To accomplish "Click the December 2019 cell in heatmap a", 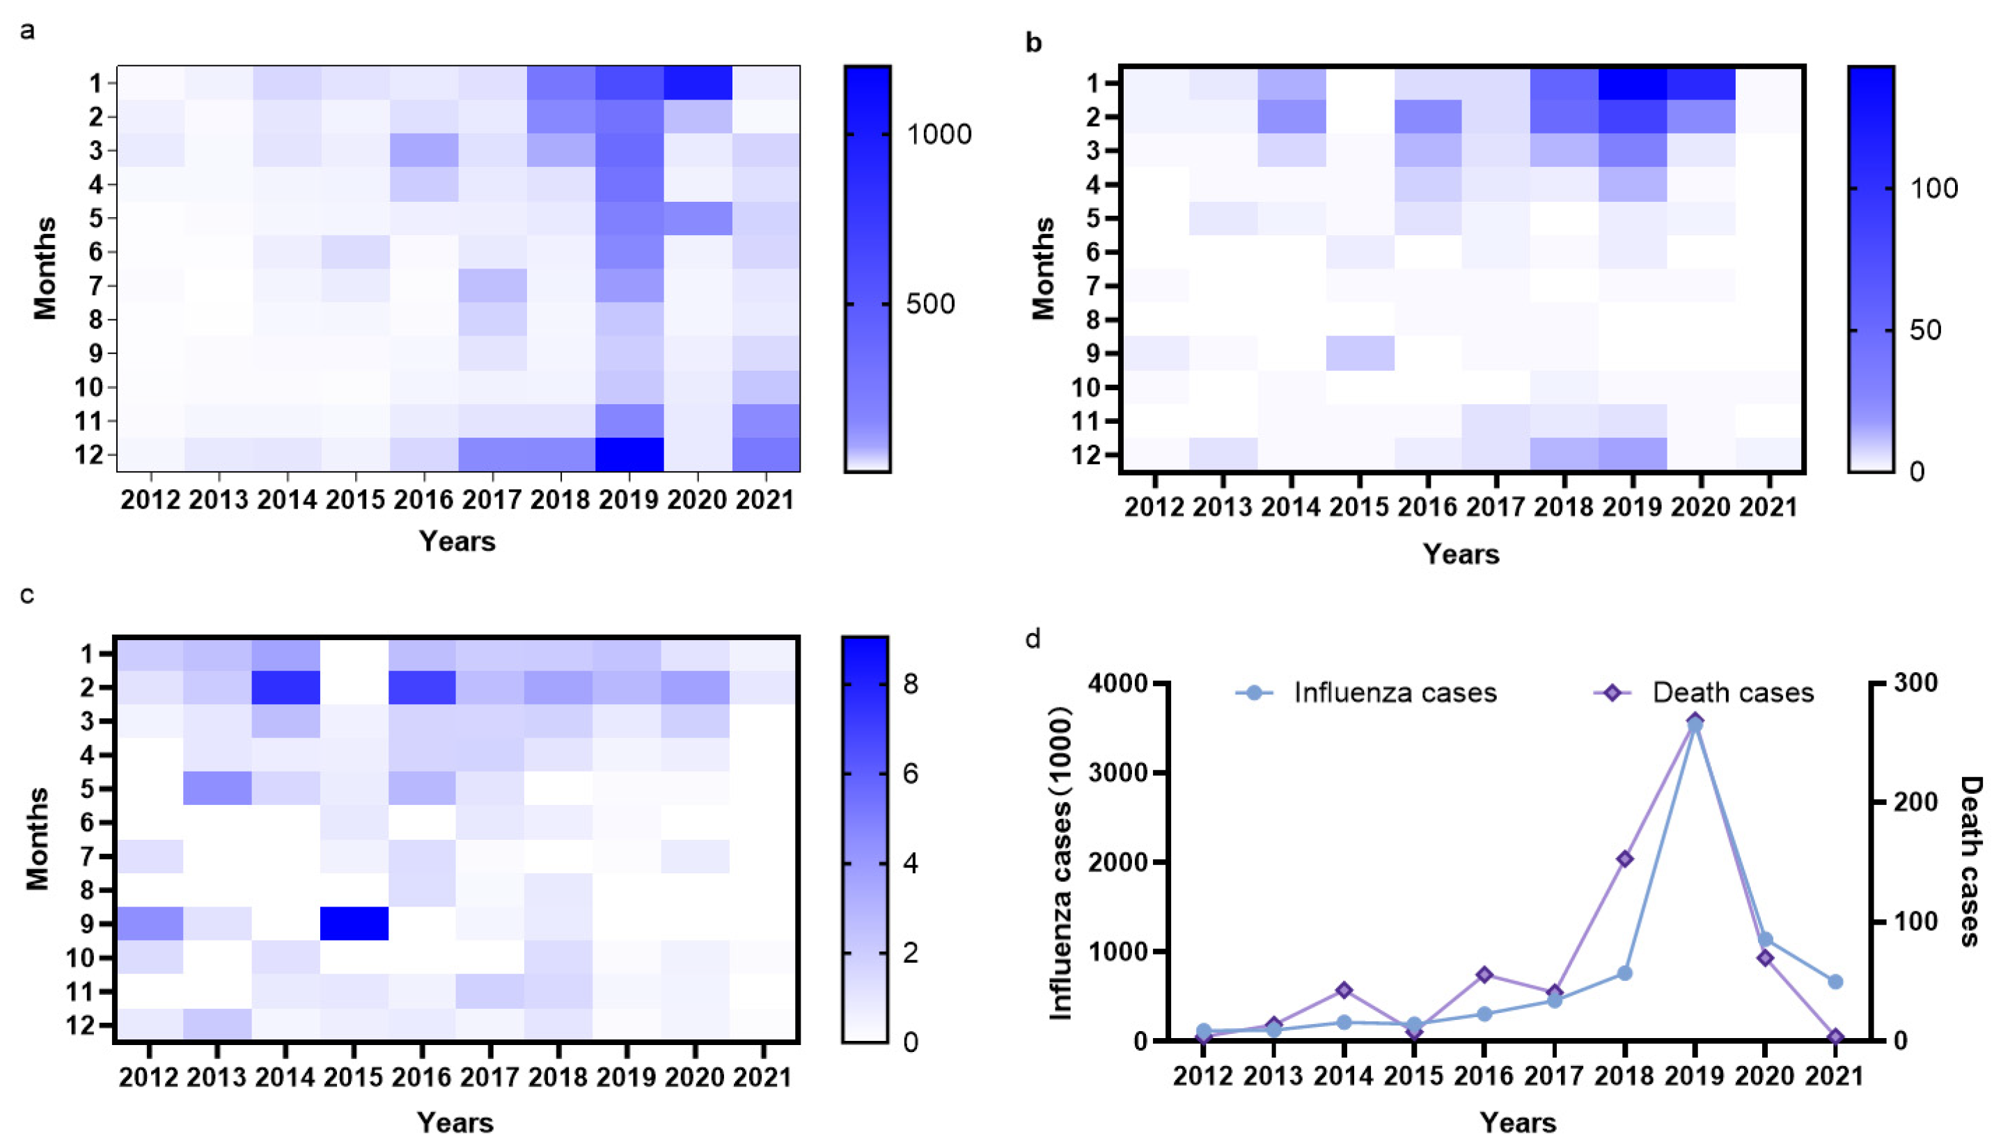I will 629,454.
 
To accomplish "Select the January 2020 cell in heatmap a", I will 697,83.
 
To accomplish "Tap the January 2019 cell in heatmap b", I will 1633,83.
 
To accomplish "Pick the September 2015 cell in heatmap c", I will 354,923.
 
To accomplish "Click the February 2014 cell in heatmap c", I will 285,687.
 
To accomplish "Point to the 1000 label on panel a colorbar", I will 939,135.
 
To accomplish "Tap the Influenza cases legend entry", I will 1394,693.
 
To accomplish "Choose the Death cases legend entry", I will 1732,693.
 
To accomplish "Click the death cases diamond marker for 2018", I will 1625,859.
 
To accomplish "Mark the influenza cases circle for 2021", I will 1835,982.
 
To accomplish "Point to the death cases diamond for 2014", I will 1344,990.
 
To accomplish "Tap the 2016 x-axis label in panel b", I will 1427,507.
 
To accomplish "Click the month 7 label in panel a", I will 95,285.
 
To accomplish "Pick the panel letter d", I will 1033,639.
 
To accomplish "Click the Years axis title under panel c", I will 455,1123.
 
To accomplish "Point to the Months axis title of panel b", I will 1043,269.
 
